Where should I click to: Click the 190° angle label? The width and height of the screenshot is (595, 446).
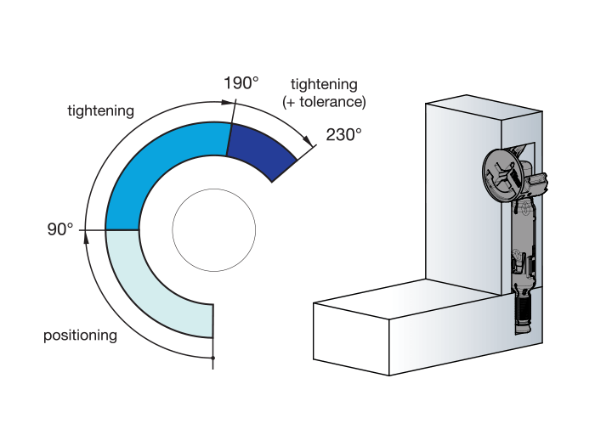point(241,83)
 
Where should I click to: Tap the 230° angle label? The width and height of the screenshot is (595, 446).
point(343,134)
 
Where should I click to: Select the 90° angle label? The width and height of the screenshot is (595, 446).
point(60,229)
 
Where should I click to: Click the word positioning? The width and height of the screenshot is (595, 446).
point(80,336)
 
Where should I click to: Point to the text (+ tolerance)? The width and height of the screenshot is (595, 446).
point(324,102)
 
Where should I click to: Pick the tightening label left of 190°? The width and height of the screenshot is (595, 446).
point(100,111)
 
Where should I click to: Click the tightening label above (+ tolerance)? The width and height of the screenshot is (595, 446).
point(324,85)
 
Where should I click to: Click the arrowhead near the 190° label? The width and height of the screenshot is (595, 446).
point(227,101)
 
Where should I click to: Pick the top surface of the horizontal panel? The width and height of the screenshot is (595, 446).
point(399,297)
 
